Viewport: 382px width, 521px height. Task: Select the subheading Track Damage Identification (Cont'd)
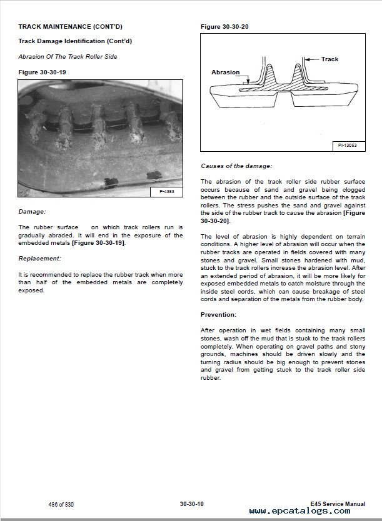pyautogui.click(x=75, y=41)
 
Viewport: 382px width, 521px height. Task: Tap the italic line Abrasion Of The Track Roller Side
pyautogui.click(x=68, y=57)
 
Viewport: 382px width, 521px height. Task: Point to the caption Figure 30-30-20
pyautogui.click(x=224, y=27)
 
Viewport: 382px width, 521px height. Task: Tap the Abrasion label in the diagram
pyautogui.click(x=226, y=72)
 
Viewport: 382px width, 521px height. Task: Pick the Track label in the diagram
pyautogui.click(x=329, y=59)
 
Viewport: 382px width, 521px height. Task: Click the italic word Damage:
pyautogui.click(x=32, y=212)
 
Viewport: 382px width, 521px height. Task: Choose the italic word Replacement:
pyautogui.click(x=39, y=258)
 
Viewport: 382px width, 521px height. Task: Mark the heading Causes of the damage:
pyautogui.click(x=236, y=166)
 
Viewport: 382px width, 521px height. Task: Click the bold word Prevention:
pyautogui.click(x=218, y=314)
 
